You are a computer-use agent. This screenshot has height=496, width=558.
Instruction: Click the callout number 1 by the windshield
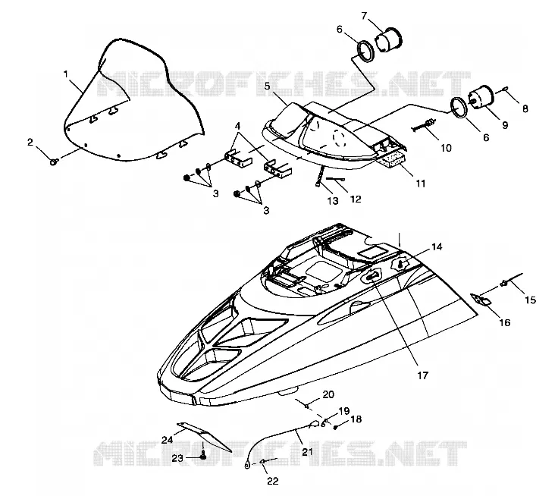tap(65, 74)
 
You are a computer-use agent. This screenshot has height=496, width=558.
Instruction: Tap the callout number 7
tap(364, 16)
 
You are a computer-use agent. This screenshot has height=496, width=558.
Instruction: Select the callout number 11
tap(421, 184)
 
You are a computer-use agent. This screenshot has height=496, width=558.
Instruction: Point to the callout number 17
tap(423, 375)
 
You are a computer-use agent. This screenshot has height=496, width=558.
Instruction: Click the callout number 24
tap(167, 440)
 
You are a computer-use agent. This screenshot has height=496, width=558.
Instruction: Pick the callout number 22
tap(273, 481)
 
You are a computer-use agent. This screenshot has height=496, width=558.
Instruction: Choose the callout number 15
tap(530, 300)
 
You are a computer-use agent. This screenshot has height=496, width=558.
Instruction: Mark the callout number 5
tap(268, 86)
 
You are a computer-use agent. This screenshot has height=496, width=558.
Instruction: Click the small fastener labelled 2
tap(54, 163)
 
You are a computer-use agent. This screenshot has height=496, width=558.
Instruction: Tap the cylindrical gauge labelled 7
tap(389, 39)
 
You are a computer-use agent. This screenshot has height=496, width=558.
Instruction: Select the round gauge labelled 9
tap(481, 97)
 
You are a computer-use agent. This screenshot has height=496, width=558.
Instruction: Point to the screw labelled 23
tap(203, 454)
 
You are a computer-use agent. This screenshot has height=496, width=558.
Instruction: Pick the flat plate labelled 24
tap(205, 436)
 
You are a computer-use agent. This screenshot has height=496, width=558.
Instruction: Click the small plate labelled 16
tap(481, 299)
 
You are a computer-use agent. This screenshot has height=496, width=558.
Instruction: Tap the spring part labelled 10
tap(424, 126)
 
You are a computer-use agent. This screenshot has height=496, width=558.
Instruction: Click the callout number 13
tap(333, 201)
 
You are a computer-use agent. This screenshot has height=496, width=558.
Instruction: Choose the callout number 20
tap(328, 394)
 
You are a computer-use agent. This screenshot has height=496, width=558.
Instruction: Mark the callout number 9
tap(505, 125)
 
